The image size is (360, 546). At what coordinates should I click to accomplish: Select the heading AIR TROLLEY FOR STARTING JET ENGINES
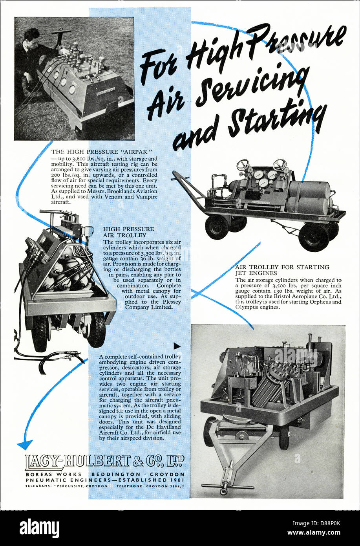(282, 270)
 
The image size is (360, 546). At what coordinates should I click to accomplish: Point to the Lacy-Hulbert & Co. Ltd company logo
(105, 462)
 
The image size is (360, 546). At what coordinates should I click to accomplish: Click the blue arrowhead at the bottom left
(25, 445)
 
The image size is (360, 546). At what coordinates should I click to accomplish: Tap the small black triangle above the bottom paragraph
(177, 346)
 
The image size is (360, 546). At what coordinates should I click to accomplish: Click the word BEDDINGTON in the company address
(116, 475)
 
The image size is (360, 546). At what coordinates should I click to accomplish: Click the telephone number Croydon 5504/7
(150, 486)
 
